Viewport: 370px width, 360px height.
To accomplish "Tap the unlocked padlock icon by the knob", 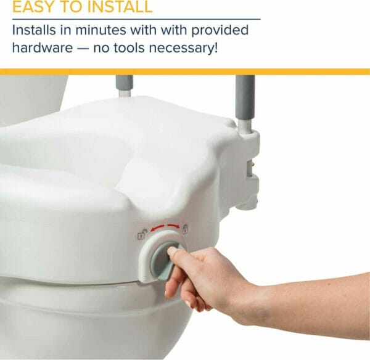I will [x=142, y=235].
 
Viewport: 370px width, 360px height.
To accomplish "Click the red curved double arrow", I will [x=163, y=227].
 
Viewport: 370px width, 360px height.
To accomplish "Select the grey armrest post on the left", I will [x=125, y=86].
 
